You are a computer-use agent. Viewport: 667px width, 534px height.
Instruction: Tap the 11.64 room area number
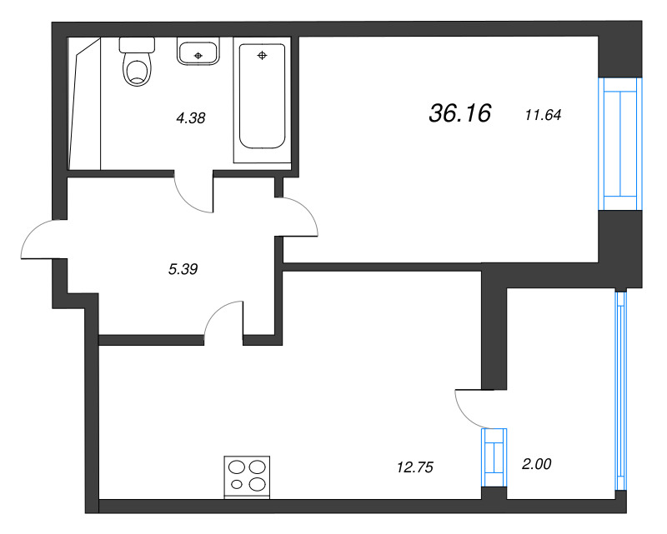542,115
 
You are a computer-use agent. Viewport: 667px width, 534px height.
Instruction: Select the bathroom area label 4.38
190,118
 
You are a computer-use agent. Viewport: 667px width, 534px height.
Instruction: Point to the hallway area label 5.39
183,268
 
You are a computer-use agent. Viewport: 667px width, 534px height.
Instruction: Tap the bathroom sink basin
198,52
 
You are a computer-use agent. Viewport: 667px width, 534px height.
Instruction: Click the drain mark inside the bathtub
262,56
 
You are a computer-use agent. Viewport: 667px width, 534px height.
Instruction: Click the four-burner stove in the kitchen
248,476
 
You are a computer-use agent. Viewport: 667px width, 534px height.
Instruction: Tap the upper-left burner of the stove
237,467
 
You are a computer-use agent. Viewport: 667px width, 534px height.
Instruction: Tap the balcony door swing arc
469,408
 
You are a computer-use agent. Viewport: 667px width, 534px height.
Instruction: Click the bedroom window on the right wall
620,143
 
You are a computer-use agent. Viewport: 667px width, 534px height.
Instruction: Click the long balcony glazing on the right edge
620,392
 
